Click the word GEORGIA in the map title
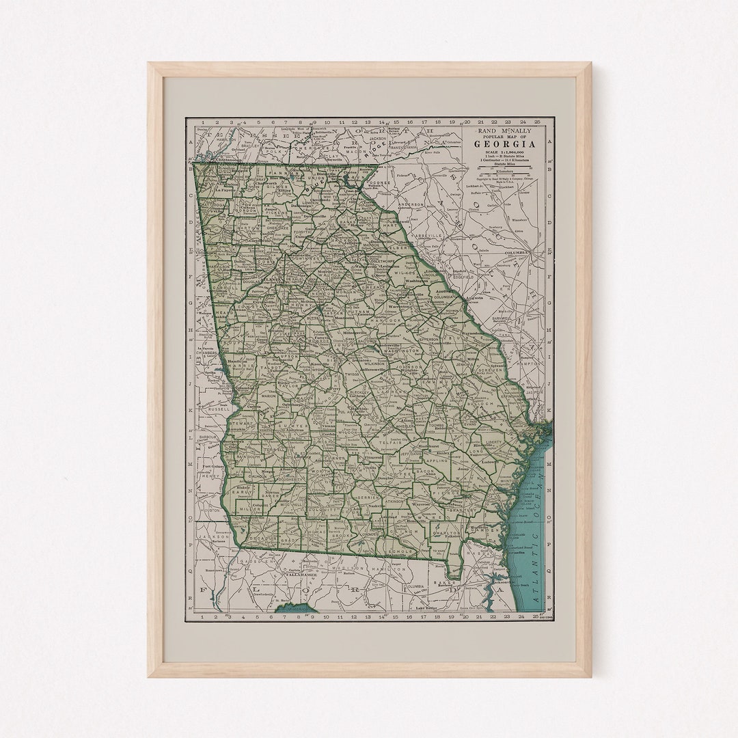[x=506, y=144]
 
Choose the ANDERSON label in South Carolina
[x=412, y=204]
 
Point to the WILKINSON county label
[x=374, y=364]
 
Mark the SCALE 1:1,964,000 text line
[x=506, y=152]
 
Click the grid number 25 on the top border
[x=537, y=122]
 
